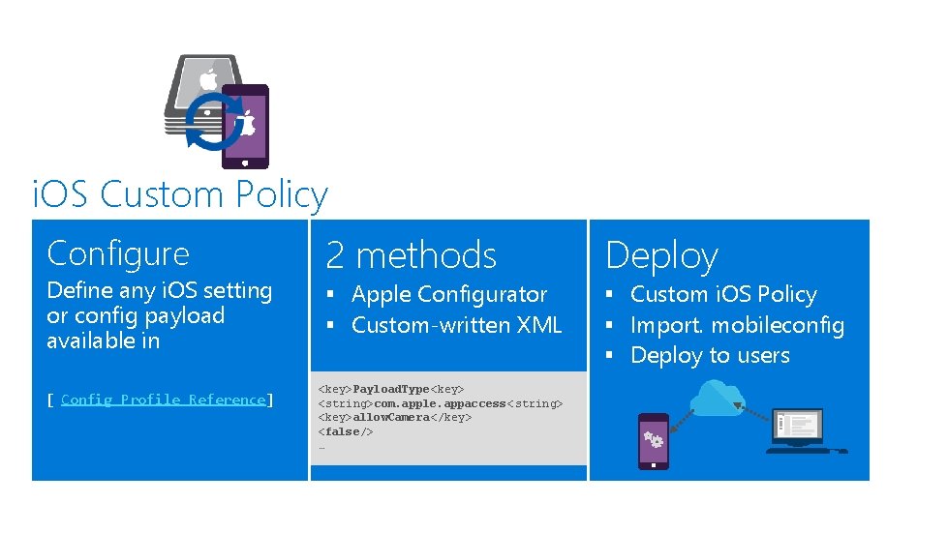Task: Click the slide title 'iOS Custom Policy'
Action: pyautogui.click(x=180, y=194)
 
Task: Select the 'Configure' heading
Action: pyautogui.click(x=118, y=253)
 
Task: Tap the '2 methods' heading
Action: pyautogui.click(x=411, y=255)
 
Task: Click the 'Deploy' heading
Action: pyautogui.click(x=661, y=256)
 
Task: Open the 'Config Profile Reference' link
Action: pyautogui.click(x=163, y=400)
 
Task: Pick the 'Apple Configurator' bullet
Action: pyautogui.click(x=448, y=294)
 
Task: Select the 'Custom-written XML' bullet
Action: pyautogui.click(x=456, y=325)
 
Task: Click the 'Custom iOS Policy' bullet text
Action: pyautogui.click(x=723, y=294)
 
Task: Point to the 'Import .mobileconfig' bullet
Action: pyautogui.click(x=737, y=325)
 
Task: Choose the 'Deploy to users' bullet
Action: pyautogui.click(x=710, y=355)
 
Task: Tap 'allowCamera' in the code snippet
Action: pyautogui.click(x=390, y=417)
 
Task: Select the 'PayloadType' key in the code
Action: pyautogui.click(x=390, y=389)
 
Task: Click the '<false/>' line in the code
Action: pyautogui.click(x=346, y=431)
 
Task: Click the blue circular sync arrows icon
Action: pyautogui.click(x=212, y=122)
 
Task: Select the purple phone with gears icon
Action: pyautogui.click(x=654, y=440)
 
